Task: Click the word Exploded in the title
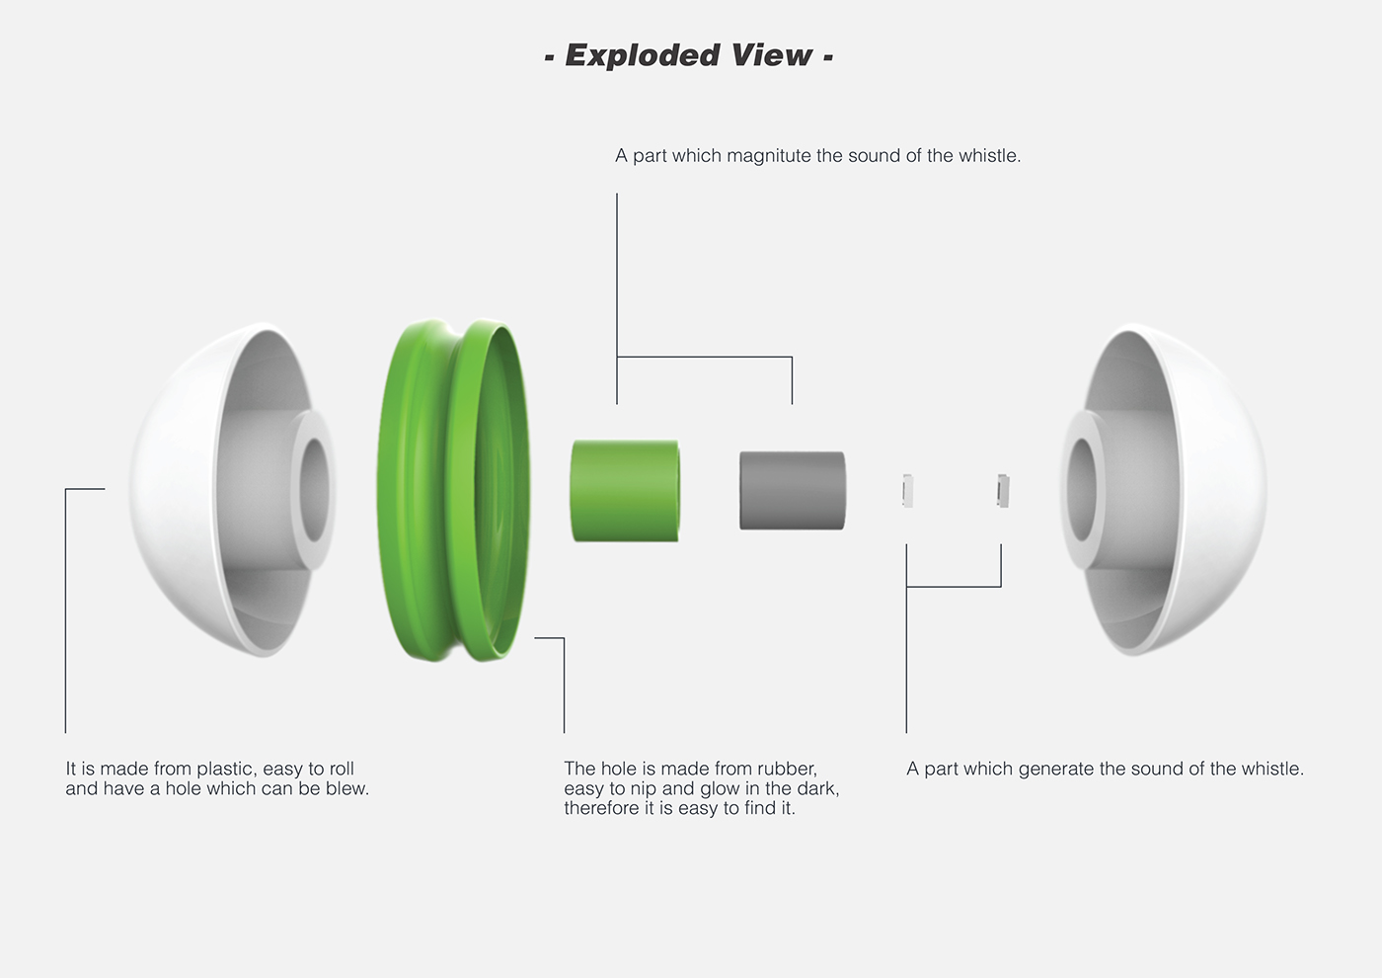tap(643, 55)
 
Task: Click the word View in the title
tap(772, 54)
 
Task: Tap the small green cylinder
tap(625, 491)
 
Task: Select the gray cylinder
tap(792, 491)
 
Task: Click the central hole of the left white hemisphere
tap(315, 490)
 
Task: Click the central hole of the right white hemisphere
tap(1082, 490)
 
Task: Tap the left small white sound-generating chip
tap(907, 491)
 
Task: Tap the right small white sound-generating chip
tap(1003, 491)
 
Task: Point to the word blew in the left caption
tap(348, 788)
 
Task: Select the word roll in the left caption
tap(342, 769)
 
